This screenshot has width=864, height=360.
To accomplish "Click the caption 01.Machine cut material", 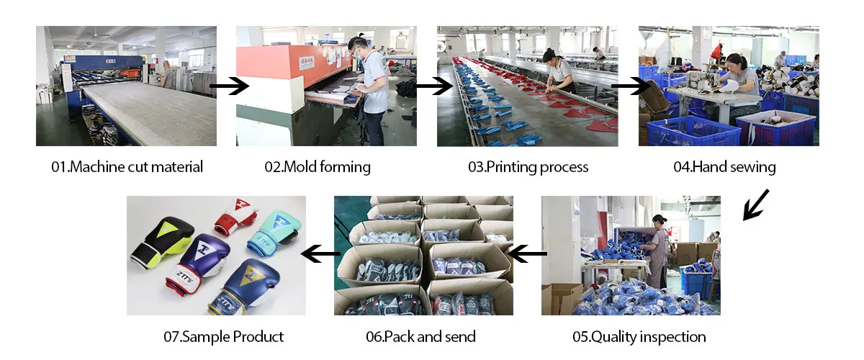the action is click(127, 167).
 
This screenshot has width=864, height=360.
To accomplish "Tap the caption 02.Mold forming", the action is click(318, 167).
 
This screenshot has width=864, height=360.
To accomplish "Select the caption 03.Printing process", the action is click(528, 167).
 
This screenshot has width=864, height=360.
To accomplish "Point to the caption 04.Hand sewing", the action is click(724, 167).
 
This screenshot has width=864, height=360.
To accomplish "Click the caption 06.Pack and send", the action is click(420, 336).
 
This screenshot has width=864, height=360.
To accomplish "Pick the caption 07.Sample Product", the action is click(223, 336).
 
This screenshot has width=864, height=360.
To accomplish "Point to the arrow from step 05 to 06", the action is click(527, 253).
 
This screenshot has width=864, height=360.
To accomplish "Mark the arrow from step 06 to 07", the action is click(320, 253).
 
